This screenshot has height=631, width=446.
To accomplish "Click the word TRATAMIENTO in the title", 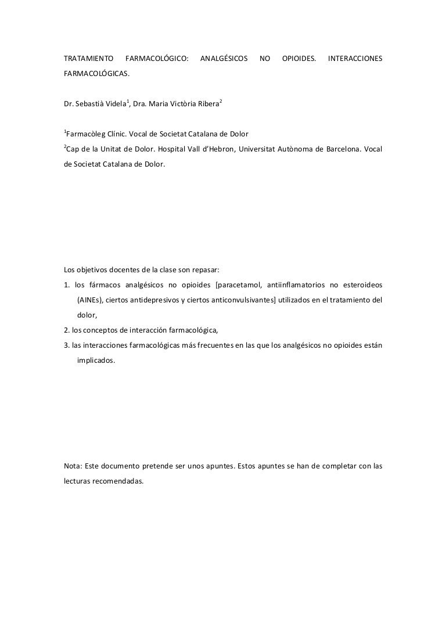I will pos(88,59).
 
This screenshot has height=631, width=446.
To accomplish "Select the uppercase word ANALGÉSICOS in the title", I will pos(224,59).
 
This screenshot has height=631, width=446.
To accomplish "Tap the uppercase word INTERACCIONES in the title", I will pos(355,59).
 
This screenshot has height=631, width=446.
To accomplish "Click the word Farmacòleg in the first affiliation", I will pos(86,134).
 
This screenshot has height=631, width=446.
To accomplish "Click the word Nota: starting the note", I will pos(73,466).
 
